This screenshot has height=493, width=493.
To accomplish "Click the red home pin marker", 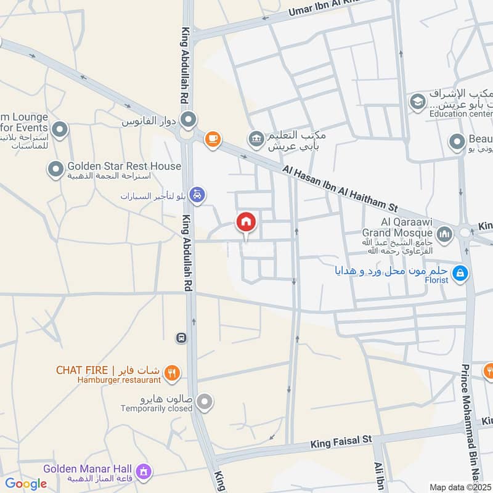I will tap(246, 222).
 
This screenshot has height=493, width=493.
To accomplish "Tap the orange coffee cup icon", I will tap(213, 140).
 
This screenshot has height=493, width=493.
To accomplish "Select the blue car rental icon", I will tap(197, 194).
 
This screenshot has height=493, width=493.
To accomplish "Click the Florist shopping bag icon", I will tap(459, 273).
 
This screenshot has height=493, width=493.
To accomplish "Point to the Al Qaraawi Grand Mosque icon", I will tap(444, 234).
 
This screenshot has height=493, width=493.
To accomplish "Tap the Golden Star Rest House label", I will tap(124, 166).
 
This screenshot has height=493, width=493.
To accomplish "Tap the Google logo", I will tap(26, 484).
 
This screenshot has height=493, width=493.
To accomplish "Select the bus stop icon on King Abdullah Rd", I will tap(181, 337).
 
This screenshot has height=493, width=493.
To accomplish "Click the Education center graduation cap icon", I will tap(418, 101).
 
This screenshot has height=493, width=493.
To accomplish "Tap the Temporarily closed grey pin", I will tap(206, 402).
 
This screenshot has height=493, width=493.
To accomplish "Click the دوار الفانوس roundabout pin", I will tap(189, 118).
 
